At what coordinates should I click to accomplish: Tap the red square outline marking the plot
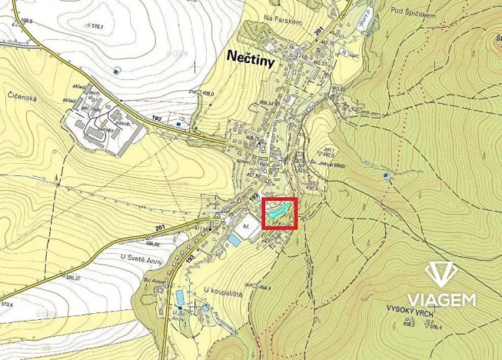(x=280, y=213)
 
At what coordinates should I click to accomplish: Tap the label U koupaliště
(x=219, y=290)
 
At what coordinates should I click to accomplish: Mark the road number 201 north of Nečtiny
(x=319, y=28)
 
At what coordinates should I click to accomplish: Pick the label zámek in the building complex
(x=118, y=130)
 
